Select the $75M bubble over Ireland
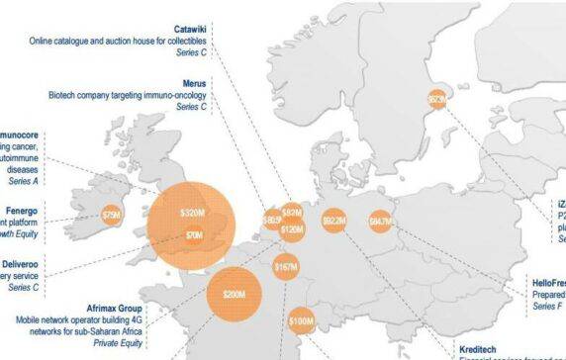tap(112, 214)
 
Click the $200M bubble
tap(235, 294)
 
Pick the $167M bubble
tap(285, 267)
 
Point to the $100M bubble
tap(301, 321)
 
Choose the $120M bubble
tap(291, 229)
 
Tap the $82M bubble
tap(291, 213)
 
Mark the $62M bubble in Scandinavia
tap(436, 99)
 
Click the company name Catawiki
tap(193, 30)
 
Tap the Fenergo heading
tap(20, 198)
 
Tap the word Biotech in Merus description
tap(63, 95)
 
